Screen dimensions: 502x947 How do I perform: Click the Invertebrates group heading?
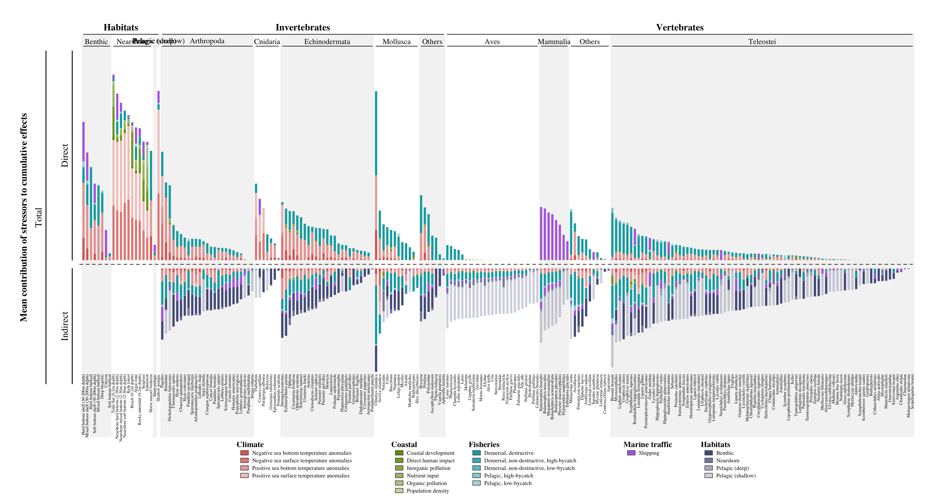pos(303,28)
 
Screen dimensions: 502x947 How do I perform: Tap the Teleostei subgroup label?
pos(762,42)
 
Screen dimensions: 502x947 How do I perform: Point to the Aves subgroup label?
pos(492,42)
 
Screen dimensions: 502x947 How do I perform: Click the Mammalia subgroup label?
pos(554,42)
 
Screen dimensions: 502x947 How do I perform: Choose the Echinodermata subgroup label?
pos(327,42)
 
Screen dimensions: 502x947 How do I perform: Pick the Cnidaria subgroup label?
pos(267,42)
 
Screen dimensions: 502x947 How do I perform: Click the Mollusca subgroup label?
pos(396,42)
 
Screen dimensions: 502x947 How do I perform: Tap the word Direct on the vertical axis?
pos(65,155)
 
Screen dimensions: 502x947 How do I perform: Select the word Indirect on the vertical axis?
pos(65,326)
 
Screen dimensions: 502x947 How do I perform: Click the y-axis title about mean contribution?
pos(24,217)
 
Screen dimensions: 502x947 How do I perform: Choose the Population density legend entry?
pos(428,491)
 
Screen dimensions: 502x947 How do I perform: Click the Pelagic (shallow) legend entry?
pos(736,476)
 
